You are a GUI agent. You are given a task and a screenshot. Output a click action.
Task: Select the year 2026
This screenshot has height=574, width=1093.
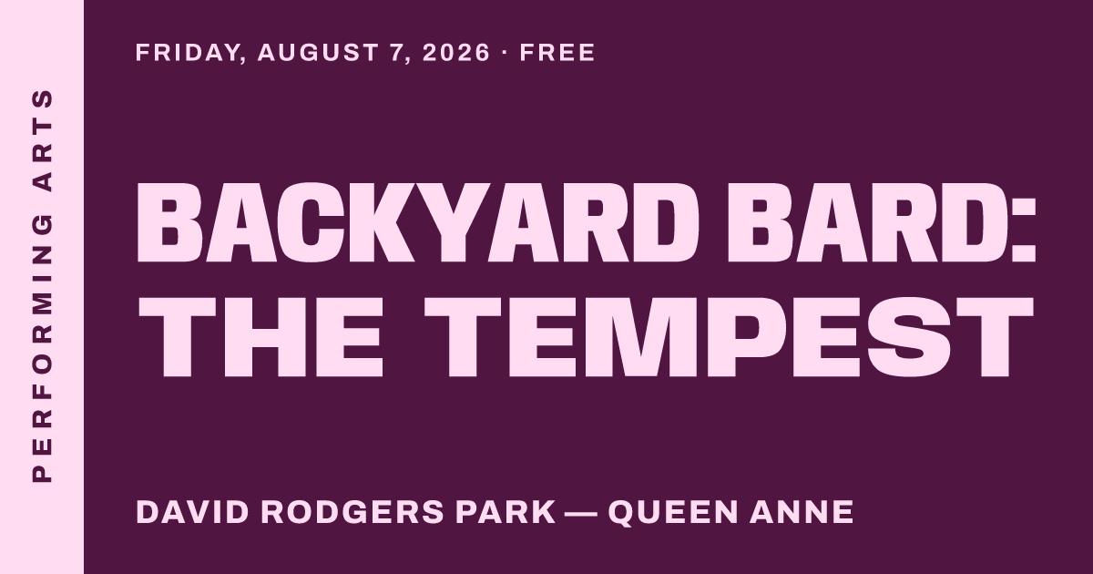455,53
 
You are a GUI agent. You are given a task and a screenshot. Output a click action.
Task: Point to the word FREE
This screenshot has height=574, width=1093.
557,53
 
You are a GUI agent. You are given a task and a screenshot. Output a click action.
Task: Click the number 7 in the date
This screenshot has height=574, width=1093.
398,53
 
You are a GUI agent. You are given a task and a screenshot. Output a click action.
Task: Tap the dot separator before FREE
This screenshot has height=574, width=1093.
505,53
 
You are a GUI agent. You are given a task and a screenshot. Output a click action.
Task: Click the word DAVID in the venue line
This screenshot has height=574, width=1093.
192,512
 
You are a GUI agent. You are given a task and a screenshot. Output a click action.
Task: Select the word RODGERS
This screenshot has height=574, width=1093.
352,512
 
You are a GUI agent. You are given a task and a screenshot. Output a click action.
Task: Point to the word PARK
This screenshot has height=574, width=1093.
506,512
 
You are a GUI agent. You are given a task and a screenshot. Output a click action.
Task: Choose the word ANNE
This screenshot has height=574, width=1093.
802,512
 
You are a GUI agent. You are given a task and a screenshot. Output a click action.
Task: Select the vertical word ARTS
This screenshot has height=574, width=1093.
42,139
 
